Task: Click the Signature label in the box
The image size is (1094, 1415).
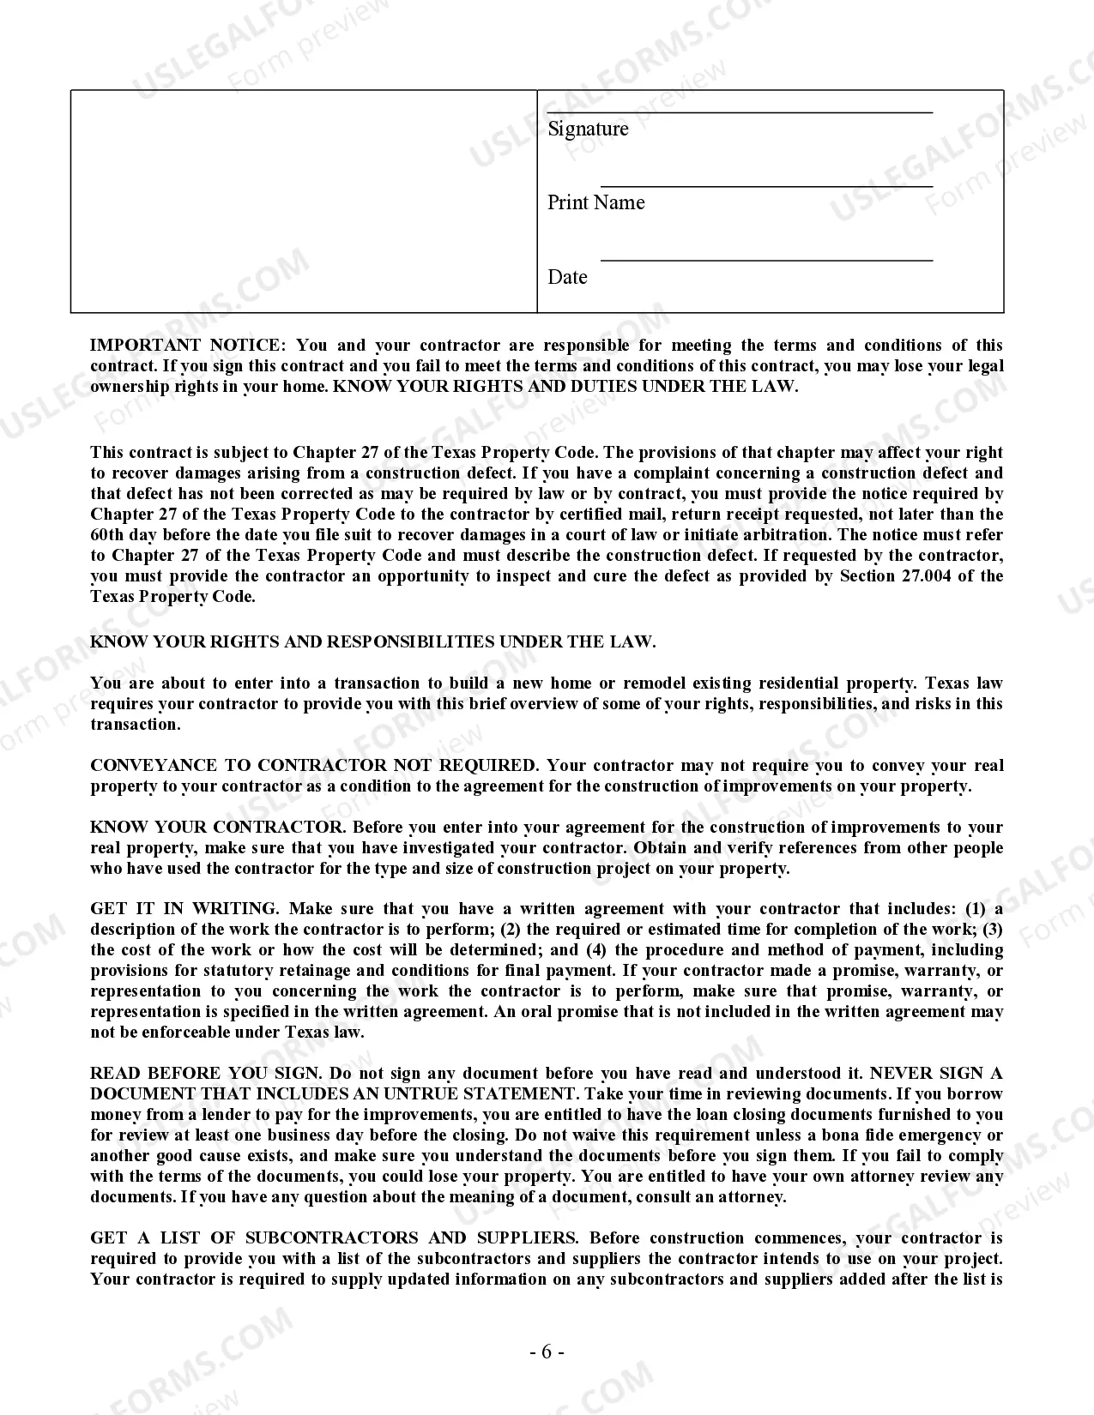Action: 588,129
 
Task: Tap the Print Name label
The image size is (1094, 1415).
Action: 595,202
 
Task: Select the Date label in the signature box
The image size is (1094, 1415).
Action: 567,277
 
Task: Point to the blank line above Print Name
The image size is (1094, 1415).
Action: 765,186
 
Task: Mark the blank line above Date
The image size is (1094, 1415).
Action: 765,260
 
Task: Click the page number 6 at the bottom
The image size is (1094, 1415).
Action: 547,1352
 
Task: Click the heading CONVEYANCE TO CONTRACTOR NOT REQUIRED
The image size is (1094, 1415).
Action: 314,766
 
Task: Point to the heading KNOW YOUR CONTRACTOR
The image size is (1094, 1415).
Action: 217,828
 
